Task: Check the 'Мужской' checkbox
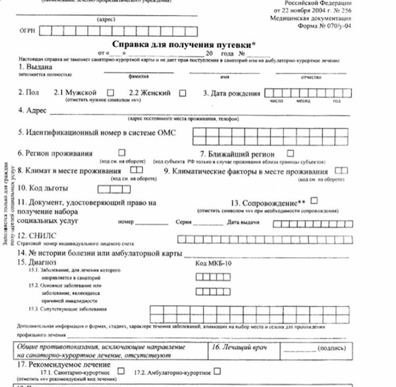110,93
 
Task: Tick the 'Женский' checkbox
183,93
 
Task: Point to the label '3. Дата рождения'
232,93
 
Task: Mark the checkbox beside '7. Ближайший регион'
290,153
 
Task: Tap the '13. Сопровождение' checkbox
315,200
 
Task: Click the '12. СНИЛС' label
36,236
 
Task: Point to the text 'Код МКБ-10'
213,263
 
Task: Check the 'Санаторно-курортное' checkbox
121,371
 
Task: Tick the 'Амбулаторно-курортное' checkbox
217,371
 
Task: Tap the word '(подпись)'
333,349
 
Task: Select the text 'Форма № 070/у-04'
324,25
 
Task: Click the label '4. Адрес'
32,111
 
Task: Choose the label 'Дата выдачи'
243,222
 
